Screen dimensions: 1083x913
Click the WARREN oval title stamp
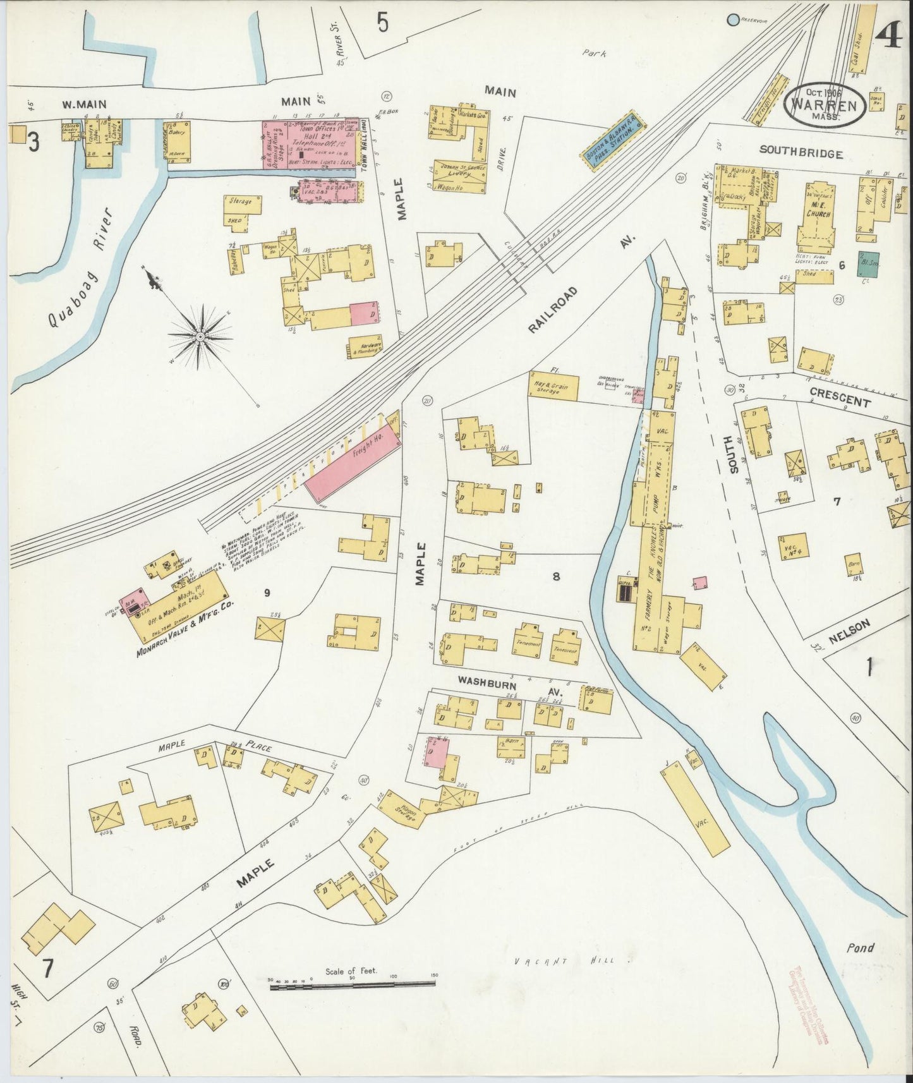(824, 104)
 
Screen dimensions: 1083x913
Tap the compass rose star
(200, 336)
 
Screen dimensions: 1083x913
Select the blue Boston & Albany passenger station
(612, 142)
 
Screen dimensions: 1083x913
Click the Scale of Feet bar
(354, 984)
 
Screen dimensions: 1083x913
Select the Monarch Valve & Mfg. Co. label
(184, 631)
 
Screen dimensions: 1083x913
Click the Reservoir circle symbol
(733, 20)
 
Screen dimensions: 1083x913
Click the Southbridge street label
(801, 153)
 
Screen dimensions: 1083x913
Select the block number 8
(556, 576)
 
